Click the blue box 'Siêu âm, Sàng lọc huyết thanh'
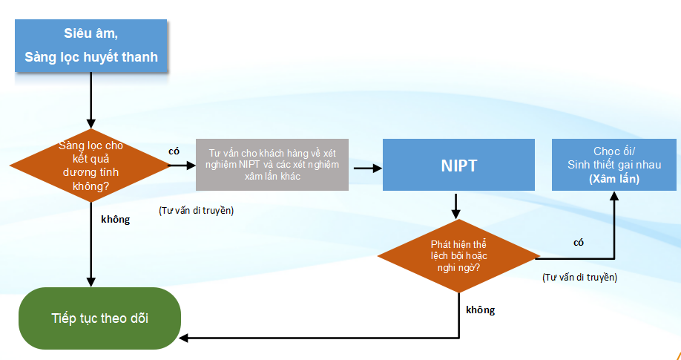[x=91, y=45]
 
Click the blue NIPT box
[x=458, y=165]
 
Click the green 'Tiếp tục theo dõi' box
[x=99, y=318]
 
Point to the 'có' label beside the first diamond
[x=174, y=150]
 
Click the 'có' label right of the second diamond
[x=579, y=242]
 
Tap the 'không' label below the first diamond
[x=115, y=219]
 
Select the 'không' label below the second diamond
[x=480, y=310]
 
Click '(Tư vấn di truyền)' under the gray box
[x=196, y=211]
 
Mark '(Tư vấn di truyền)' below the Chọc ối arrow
[x=579, y=277]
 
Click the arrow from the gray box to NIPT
[x=367, y=168]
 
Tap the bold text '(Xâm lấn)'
[x=614, y=179]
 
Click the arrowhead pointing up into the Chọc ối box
[x=615, y=197]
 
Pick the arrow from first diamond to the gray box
[x=182, y=165]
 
